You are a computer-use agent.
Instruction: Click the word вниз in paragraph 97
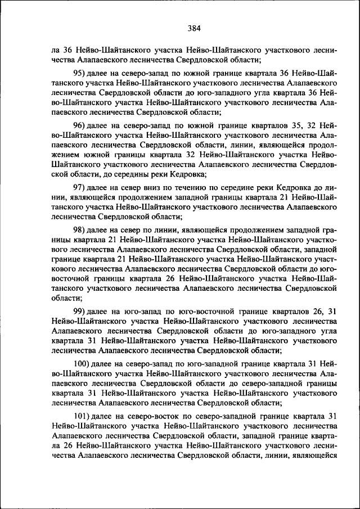(x=156, y=186)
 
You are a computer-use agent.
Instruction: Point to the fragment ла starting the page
(x=55, y=50)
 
